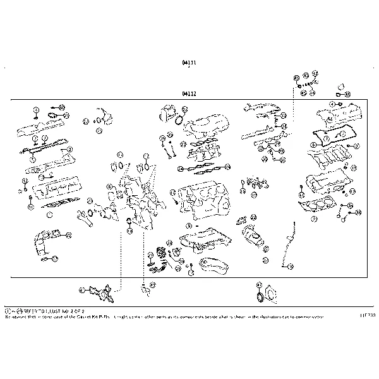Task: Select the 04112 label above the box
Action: tap(188, 93)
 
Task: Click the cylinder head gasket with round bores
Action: tap(320, 207)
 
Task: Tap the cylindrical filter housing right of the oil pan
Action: tap(252, 239)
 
